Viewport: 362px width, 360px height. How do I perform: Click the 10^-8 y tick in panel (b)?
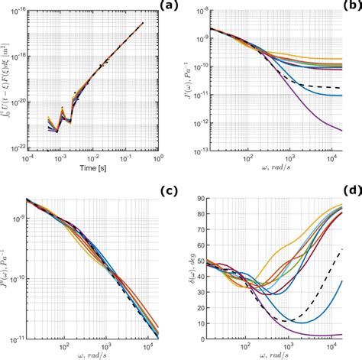point(210,11)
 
